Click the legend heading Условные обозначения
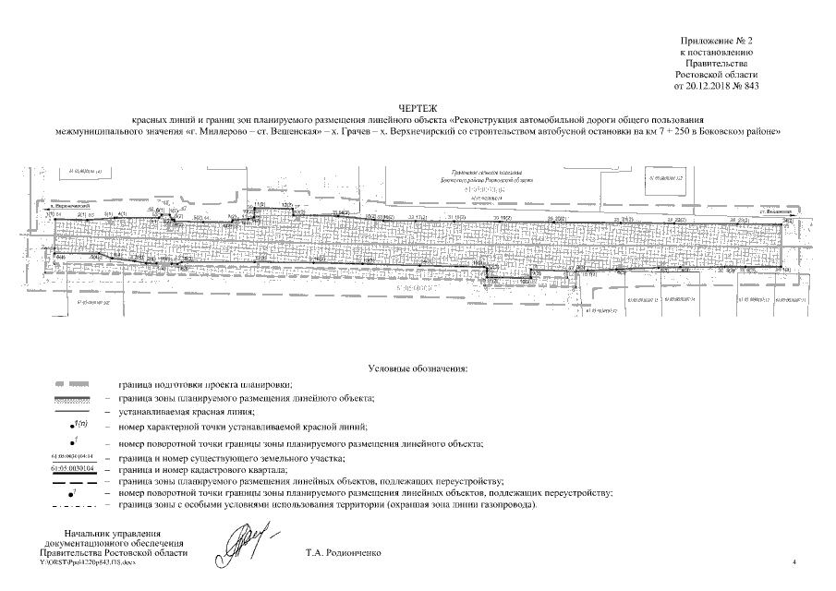(418, 368)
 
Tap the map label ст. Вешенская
(773, 211)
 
